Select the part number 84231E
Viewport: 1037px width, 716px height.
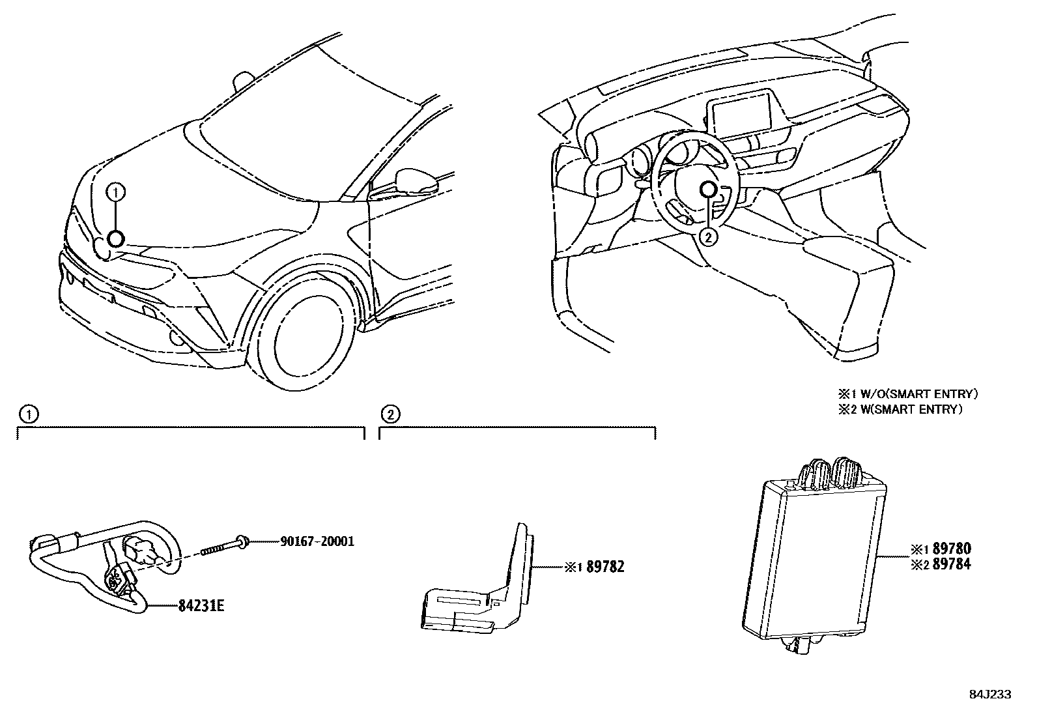[x=201, y=607]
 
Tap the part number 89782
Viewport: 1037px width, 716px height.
[x=605, y=567]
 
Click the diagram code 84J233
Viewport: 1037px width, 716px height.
[x=989, y=695]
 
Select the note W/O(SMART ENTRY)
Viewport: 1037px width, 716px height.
[x=914, y=394]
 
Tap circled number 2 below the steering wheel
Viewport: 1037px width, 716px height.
[x=709, y=237]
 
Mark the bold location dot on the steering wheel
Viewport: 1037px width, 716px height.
[x=709, y=190]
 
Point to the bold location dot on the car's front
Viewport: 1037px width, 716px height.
[x=115, y=239]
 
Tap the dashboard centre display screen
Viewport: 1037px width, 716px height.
[x=741, y=113]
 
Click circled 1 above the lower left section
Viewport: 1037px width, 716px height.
[x=27, y=414]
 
